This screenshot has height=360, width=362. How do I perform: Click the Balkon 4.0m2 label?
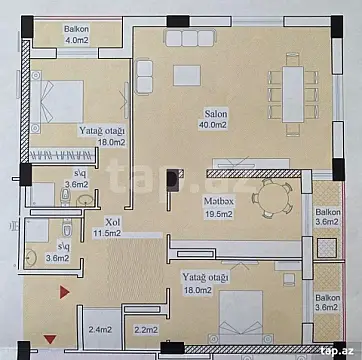click(75, 36)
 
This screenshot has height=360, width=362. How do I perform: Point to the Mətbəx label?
click(219, 200)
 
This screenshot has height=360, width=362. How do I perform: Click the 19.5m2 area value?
click(219, 213)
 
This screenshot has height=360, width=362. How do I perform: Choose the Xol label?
click(113, 222)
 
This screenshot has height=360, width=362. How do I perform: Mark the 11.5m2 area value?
click(107, 234)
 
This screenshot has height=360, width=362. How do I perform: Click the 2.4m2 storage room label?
click(99, 330)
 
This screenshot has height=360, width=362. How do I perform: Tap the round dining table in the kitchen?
click(269, 197)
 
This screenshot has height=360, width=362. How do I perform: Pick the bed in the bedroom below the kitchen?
click(239, 319)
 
